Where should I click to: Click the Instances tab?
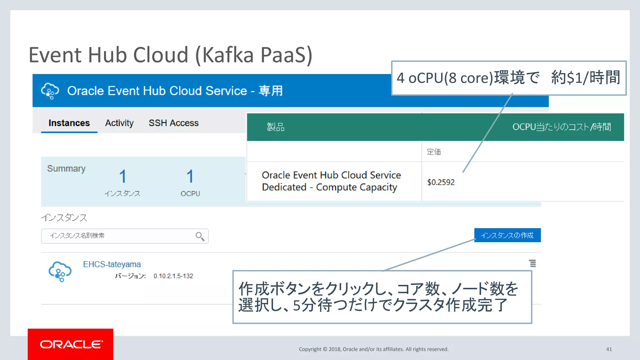(x=69, y=123)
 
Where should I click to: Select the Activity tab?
(x=119, y=123)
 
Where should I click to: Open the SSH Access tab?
(x=173, y=123)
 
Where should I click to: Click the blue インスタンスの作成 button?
(x=507, y=235)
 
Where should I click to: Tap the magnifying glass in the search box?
(x=200, y=236)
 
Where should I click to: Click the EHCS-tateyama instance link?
(x=112, y=264)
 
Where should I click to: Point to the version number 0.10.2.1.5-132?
(x=173, y=276)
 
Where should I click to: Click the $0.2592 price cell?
(x=441, y=182)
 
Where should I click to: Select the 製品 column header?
(x=275, y=127)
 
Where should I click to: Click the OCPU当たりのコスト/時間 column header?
(x=561, y=127)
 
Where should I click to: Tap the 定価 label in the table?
(x=434, y=152)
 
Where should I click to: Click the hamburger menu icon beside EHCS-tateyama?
(x=532, y=263)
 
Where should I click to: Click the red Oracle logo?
(x=71, y=344)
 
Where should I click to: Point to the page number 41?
(x=609, y=349)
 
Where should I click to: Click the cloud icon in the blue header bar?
(x=50, y=91)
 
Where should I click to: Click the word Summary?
(x=66, y=168)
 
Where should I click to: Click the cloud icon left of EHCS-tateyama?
(x=60, y=271)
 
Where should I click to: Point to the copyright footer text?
(x=373, y=349)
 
